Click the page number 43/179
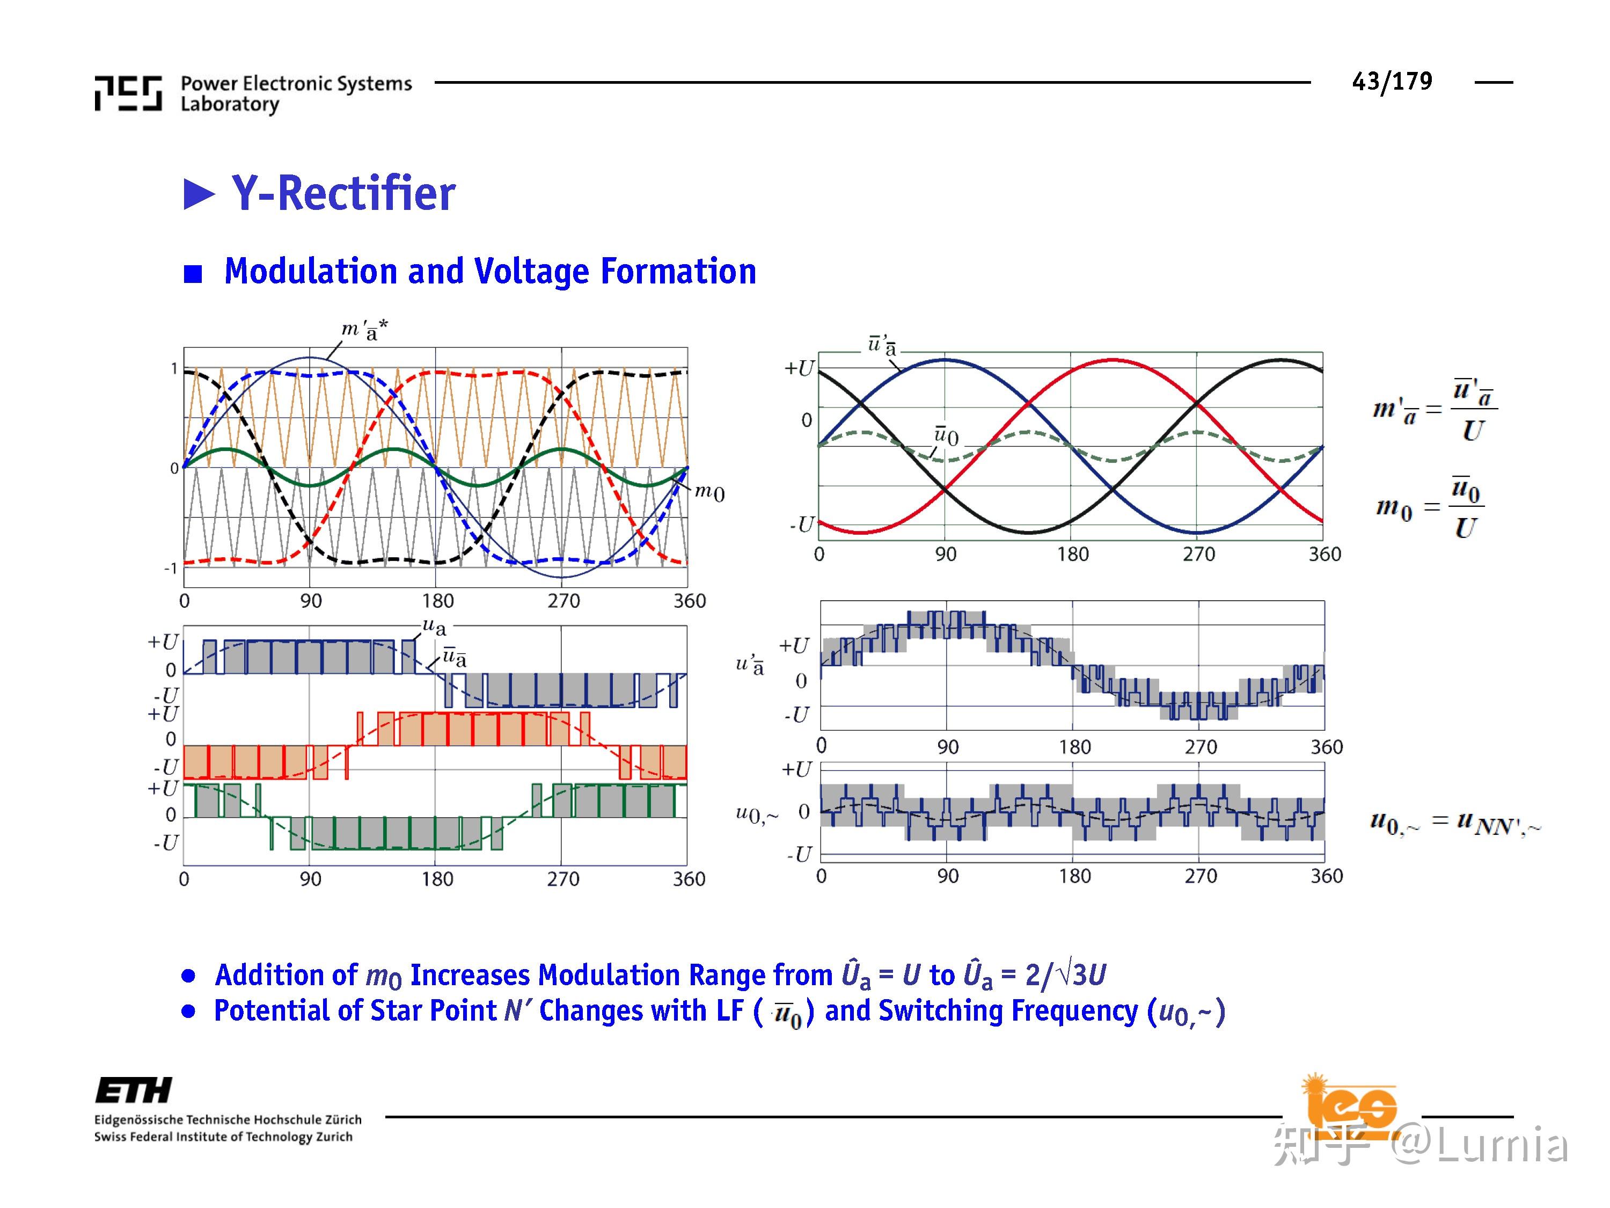click(x=1391, y=81)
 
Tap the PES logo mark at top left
click(x=128, y=93)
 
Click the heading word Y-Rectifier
click(x=343, y=194)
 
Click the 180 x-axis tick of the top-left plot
click(x=437, y=601)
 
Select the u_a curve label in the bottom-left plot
click(x=435, y=625)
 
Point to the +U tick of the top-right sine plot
click(x=799, y=368)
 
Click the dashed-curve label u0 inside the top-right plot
click(x=946, y=435)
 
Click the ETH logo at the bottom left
click(x=134, y=1090)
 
